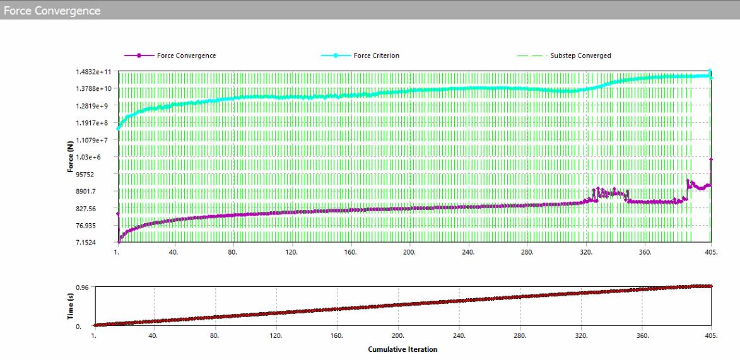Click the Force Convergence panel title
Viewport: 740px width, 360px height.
[52, 11]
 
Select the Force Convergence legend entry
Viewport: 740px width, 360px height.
[186, 55]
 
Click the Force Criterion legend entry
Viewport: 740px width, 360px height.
[376, 55]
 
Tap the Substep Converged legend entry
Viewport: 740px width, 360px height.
[580, 55]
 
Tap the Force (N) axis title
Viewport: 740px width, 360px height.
[71, 157]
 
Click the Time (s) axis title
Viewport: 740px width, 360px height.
[71, 306]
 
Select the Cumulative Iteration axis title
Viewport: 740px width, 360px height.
[402, 349]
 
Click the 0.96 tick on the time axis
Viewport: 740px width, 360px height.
[83, 287]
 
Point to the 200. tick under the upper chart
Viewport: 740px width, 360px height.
[410, 252]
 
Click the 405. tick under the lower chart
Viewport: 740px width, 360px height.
[711, 337]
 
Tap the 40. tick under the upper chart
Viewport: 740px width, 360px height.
[174, 252]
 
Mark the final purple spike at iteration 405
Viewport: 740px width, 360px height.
[711, 160]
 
